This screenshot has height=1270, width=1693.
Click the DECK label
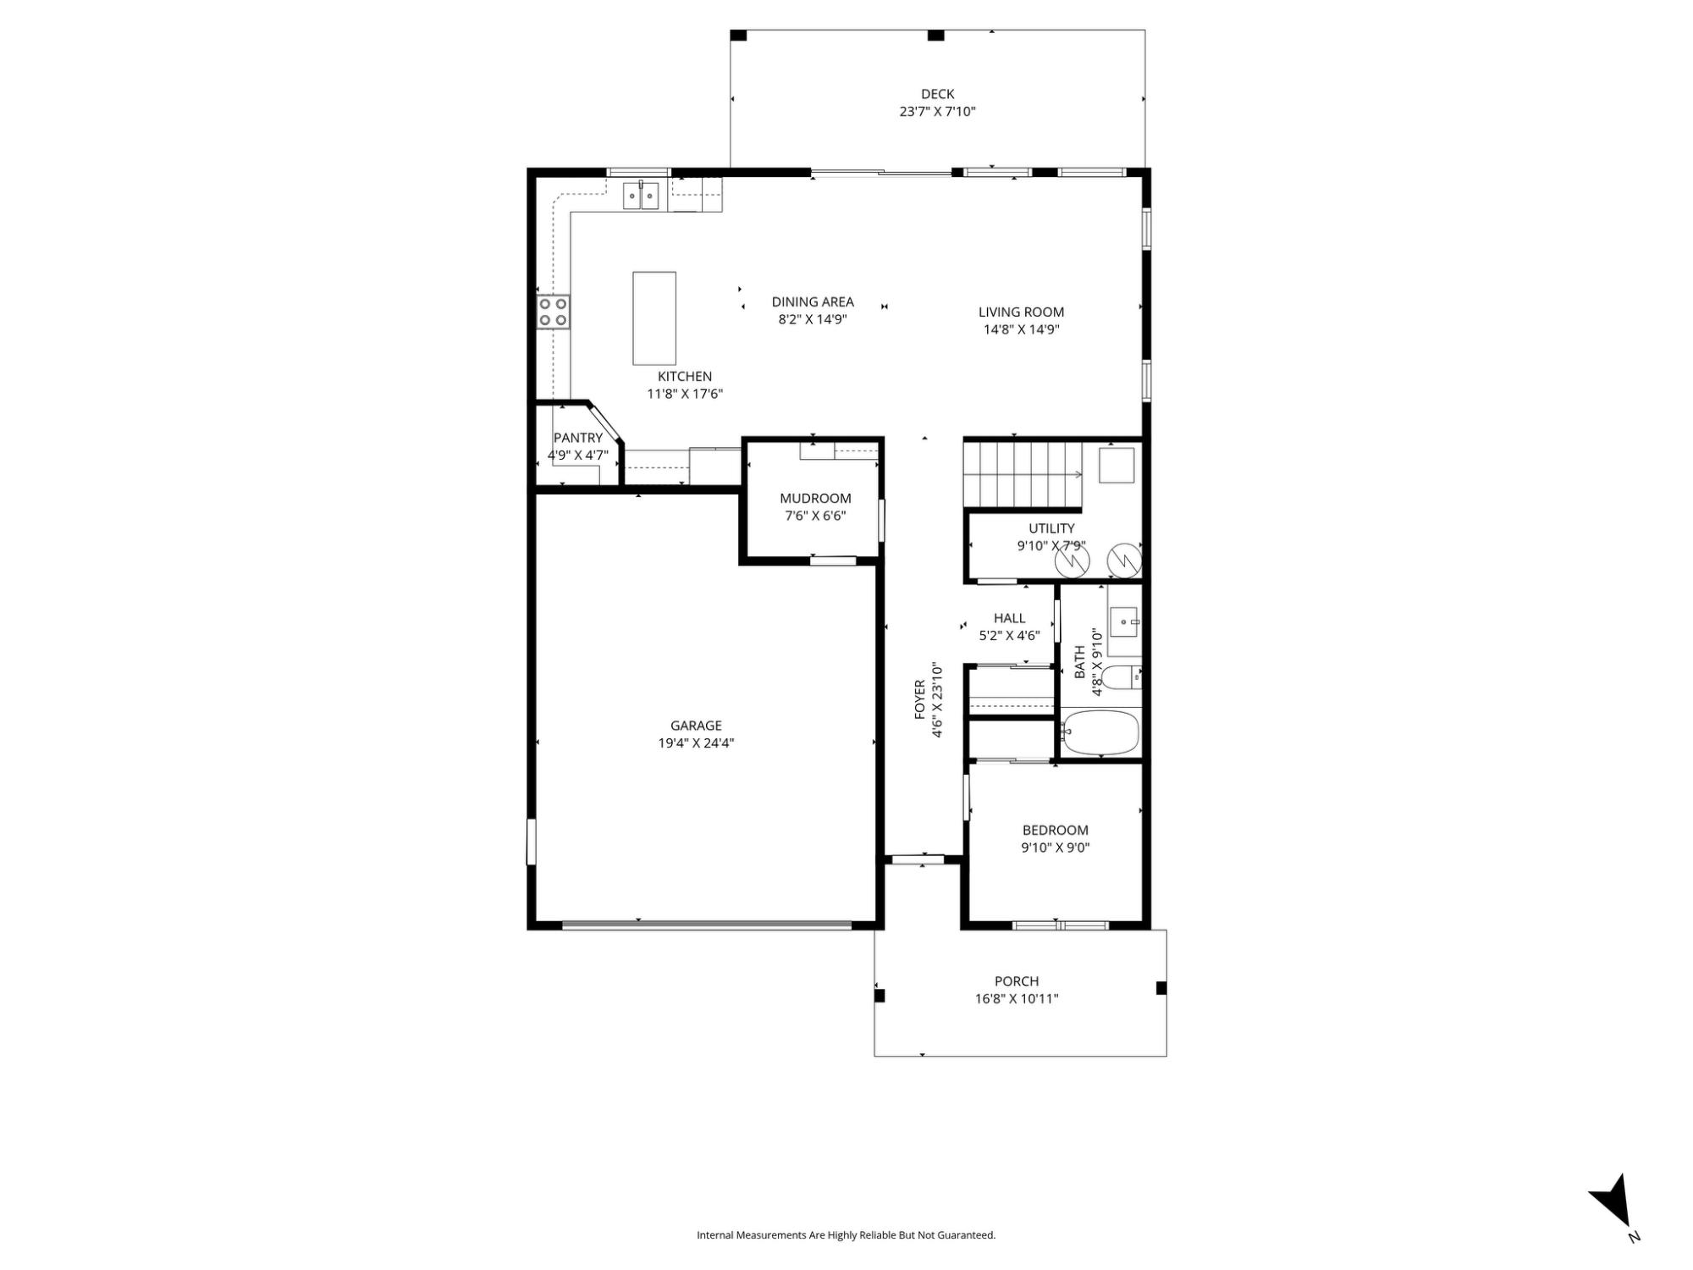(x=937, y=94)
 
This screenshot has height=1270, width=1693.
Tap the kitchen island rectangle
(x=654, y=317)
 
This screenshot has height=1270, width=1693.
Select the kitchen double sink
(x=641, y=196)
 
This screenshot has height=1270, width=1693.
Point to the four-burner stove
(x=554, y=312)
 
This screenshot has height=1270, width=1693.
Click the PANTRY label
(x=578, y=438)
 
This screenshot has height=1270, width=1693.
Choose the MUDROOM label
(x=815, y=498)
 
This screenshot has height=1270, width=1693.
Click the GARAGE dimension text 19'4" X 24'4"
(x=696, y=743)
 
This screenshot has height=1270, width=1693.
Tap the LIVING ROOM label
(x=1021, y=312)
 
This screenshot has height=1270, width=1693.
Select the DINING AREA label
(x=813, y=301)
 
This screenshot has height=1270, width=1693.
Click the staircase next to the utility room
(x=1023, y=475)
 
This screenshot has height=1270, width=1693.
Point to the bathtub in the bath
(x=1100, y=732)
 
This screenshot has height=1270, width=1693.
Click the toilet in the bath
(x=1122, y=678)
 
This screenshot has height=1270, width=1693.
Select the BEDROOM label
(x=1055, y=830)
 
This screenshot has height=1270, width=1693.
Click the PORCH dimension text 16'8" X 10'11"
(x=1017, y=999)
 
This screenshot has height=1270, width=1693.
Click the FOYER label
(x=920, y=700)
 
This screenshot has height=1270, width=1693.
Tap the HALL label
(x=1009, y=618)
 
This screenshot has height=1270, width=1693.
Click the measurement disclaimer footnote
(x=846, y=1235)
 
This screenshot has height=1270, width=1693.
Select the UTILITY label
(x=1051, y=528)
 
